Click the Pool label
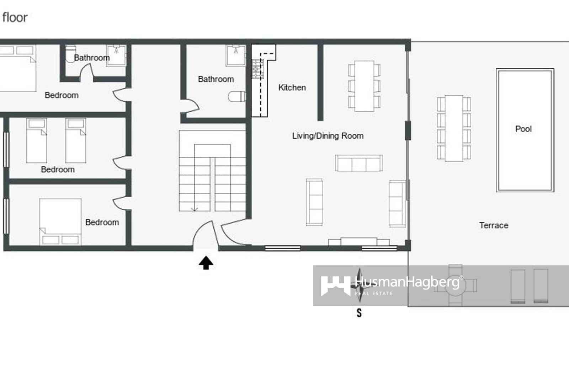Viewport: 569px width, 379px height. click(x=523, y=129)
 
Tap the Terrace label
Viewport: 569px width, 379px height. click(x=494, y=225)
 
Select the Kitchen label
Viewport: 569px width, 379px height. click(x=292, y=87)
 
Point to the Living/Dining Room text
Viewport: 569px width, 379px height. click(x=328, y=136)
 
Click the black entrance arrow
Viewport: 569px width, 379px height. click(x=206, y=263)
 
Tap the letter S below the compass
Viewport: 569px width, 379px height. click(x=359, y=313)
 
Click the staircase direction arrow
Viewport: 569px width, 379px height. click(x=195, y=208)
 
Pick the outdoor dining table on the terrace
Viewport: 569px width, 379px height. click(x=454, y=128)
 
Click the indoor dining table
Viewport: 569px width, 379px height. click(x=364, y=86)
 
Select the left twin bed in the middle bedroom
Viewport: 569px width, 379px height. click(x=37, y=140)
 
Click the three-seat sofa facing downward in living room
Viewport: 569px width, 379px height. click(x=359, y=163)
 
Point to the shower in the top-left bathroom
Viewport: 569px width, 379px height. click(x=117, y=55)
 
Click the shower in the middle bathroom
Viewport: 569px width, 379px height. click(x=235, y=55)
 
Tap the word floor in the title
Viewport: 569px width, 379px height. click(x=15, y=17)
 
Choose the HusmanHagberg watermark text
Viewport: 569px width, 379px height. click(x=407, y=282)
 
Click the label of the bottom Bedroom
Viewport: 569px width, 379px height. click(x=102, y=222)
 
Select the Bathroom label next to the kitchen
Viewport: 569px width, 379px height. click(x=216, y=79)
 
